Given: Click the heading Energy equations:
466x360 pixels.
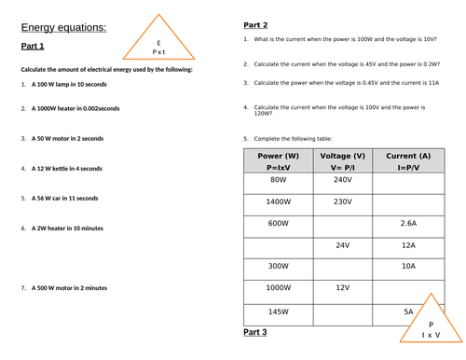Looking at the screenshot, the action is pyautogui.click(x=63, y=28).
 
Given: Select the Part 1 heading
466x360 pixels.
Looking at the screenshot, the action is pyautogui.click(x=34, y=46).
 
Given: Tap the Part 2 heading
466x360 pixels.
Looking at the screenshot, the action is pyautogui.click(x=255, y=25).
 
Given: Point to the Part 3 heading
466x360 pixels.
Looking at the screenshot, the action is pyautogui.click(x=255, y=332).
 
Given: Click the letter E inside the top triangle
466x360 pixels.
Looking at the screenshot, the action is pyautogui.click(x=159, y=43).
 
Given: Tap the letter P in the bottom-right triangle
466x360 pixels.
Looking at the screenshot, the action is pyautogui.click(x=432, y=324).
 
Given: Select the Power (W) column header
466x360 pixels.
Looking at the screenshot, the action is pyautogui.click(x=278, y=155).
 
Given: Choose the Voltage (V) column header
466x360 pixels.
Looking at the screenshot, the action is pyautogui.click(x=342, y=155).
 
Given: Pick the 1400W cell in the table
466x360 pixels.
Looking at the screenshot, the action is pyautogui.click(x=278, y=201).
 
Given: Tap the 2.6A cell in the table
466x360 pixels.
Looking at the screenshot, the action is pyautogui.click(x=407, y=224).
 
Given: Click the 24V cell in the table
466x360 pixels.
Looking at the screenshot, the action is pyautogui.click(x=342, y=245).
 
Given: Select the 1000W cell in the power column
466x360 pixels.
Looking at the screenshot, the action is pyautogui.click(x=278, y=288).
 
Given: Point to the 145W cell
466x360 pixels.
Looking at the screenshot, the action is pyautogui.click(x=278, y=311).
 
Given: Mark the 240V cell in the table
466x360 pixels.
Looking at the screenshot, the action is pyautogui.click(x=342, y=179).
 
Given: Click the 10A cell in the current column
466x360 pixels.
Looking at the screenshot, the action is pyautogui.click(x=407, y=267).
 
